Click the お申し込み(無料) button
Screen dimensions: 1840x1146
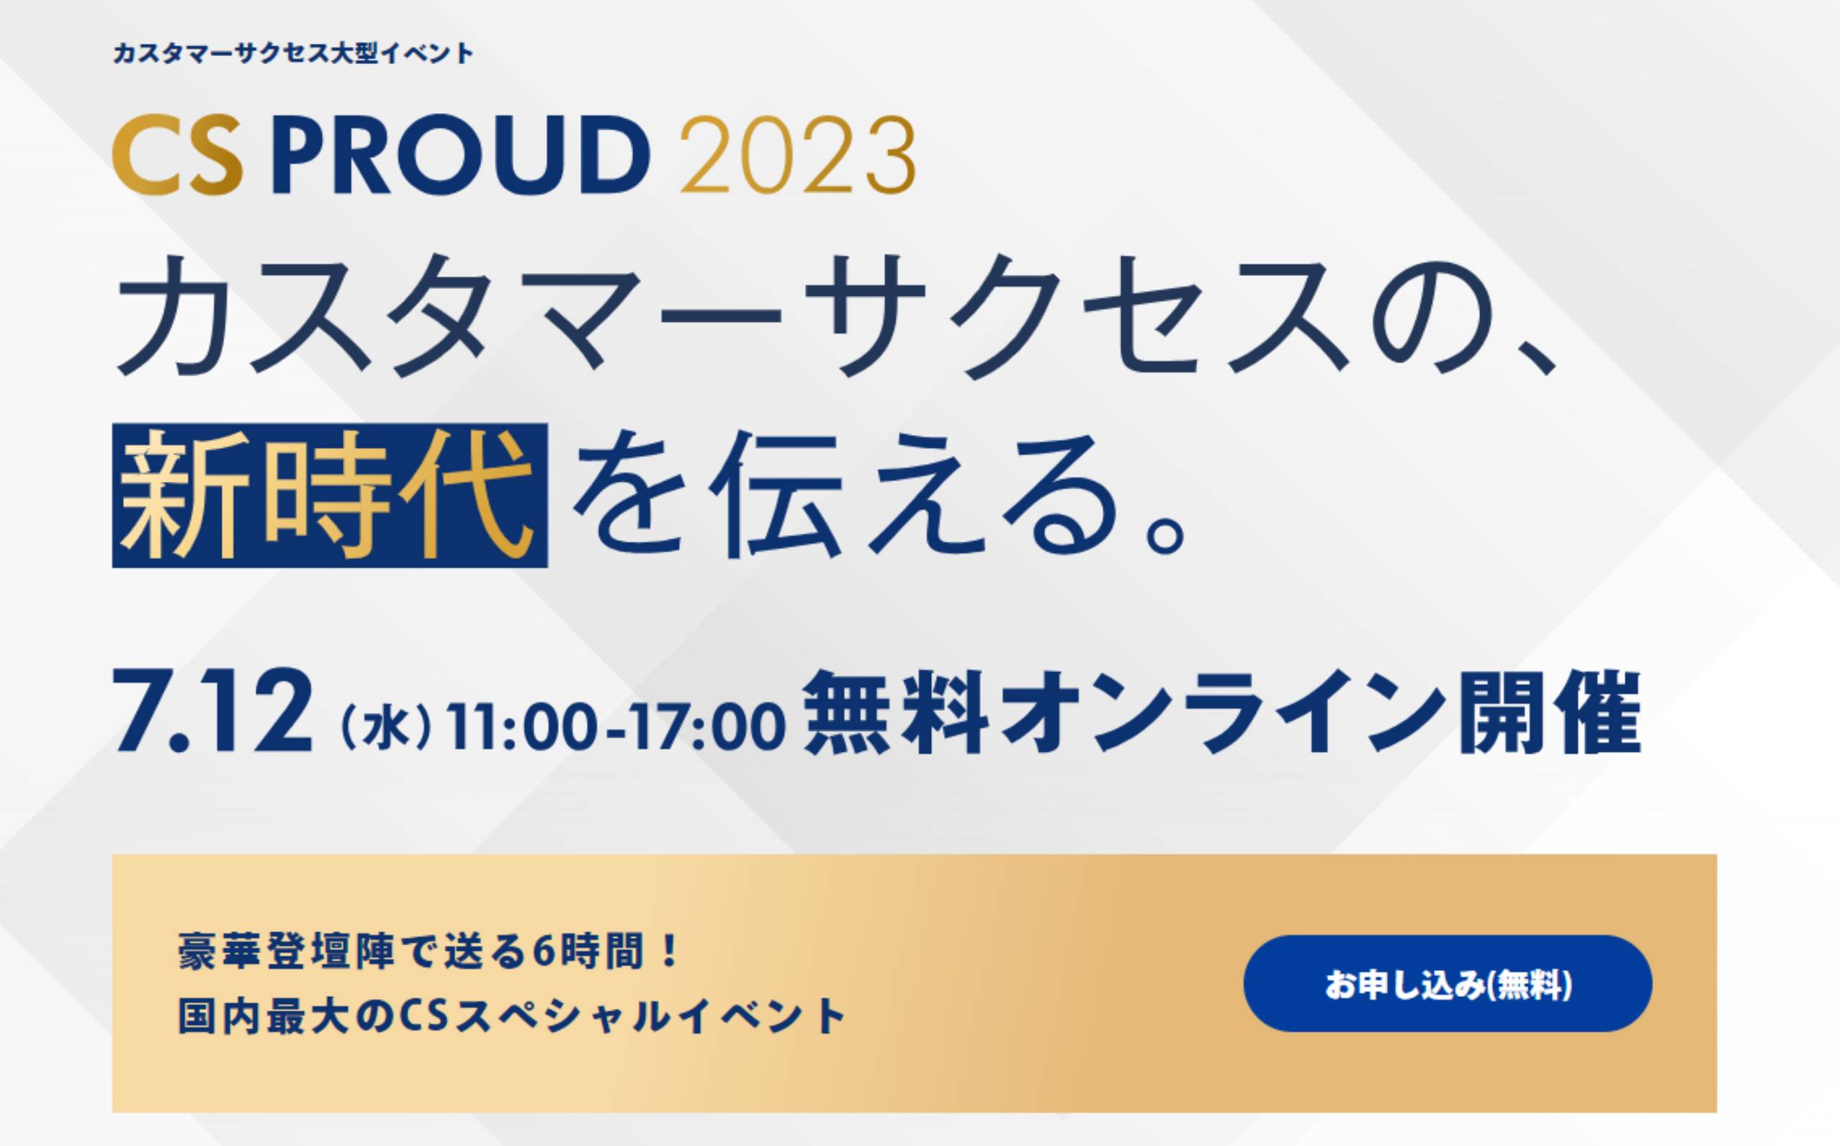tap(1448, 983)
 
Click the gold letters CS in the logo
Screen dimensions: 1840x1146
tap(177, 156)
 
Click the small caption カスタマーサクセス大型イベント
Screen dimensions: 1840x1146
tap(293, 54)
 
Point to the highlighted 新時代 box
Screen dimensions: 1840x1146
tap(330, 495)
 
